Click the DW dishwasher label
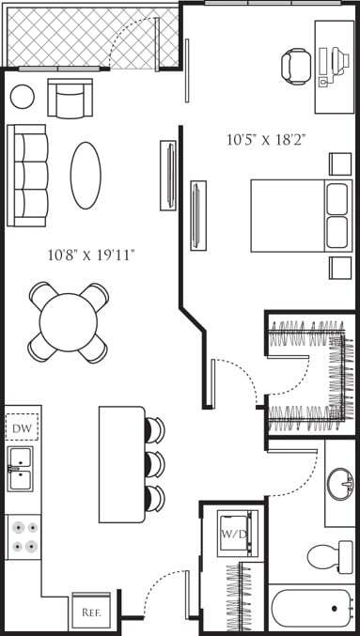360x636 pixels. pos(23,428)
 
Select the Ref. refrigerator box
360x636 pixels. pos(91,612)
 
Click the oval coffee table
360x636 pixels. pos(86,175)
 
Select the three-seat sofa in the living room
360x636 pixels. pos(28,175)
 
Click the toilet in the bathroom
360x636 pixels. pos(328,556)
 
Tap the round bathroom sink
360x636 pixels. pos(340,485)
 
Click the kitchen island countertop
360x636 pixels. pos(122,464)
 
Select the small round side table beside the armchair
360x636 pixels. pos(22,96)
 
